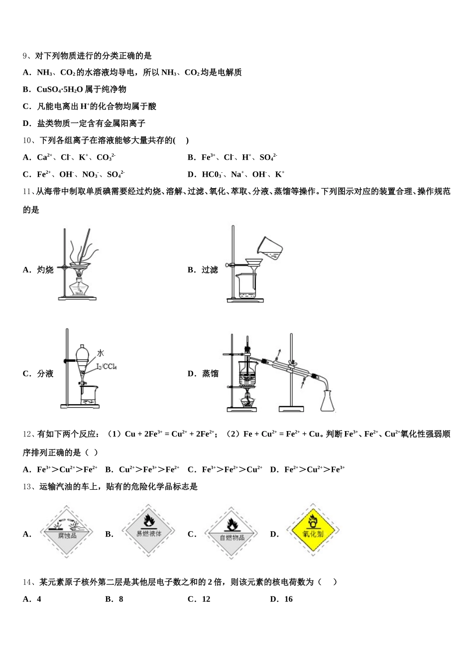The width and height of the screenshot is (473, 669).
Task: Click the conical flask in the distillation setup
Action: [x=327, y=402]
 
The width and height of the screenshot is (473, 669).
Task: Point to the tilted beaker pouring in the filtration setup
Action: [x=269, y=248]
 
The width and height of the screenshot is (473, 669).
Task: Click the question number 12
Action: [x=27, y=434]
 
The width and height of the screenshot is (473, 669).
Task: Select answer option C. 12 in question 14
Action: [x=199, y=599]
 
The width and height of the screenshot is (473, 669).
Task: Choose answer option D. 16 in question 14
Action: [x=282, y=599]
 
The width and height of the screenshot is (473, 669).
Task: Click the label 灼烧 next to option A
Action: [x=45, y=270]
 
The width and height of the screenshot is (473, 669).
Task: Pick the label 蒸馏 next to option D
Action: [x=210, y=373]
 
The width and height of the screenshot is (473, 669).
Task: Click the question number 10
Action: [x=27, y=140]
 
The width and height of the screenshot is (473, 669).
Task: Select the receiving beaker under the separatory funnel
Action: [x=89, y=395]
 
